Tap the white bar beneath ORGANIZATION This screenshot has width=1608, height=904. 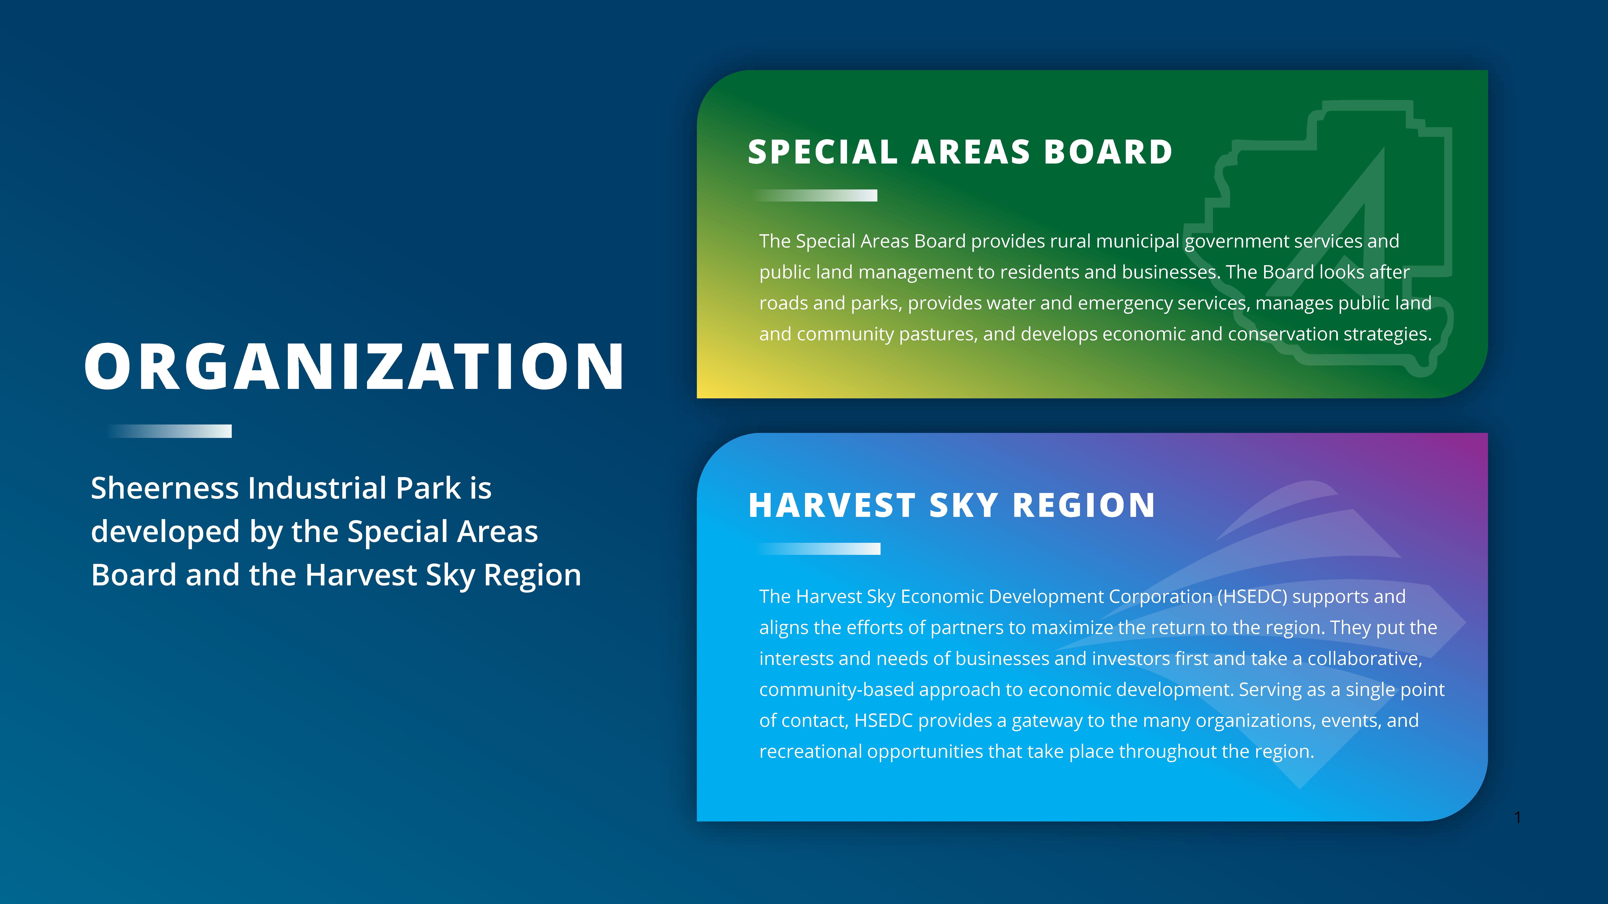tap(169, 431)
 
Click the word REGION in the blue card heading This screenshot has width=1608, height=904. tap(1084, 505)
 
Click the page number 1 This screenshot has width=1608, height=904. tap(1518, 817)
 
